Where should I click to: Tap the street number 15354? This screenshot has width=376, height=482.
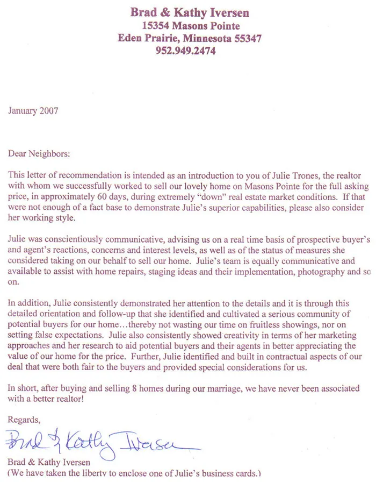tap(156, 26)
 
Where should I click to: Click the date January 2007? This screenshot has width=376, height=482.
tap(33, 111)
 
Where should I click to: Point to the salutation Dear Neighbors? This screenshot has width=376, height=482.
tap(39, 153)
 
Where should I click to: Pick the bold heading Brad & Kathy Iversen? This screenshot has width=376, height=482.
tap(190, 13)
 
